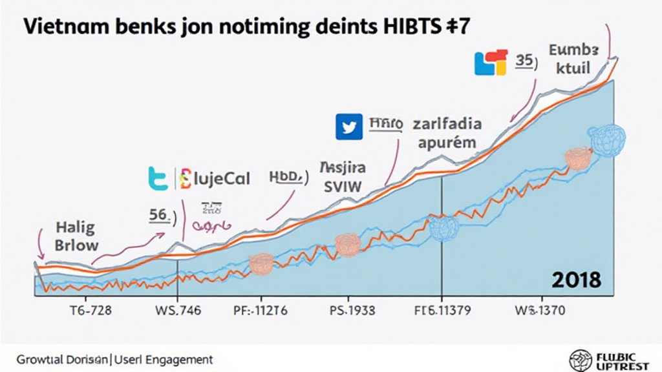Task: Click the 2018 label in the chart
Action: (576, 280)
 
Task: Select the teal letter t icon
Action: (158, 178)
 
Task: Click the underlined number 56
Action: (158, 215)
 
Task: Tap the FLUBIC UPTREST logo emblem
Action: (580, 359)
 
